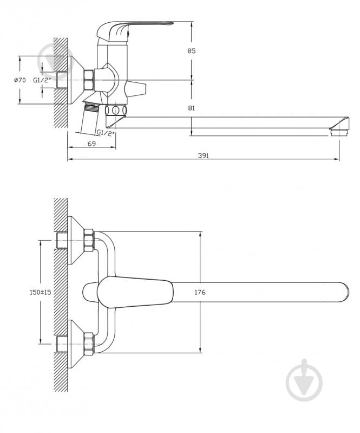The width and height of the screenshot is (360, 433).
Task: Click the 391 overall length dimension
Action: click(x=203, y=156)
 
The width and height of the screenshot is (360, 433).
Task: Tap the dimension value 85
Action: click(x=191, y=51)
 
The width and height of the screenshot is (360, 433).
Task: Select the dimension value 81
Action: click(x=191, y=108)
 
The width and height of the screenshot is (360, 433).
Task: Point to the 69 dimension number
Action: click(x=91, y=144)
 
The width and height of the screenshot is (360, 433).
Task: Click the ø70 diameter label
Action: click(x=19, y=80)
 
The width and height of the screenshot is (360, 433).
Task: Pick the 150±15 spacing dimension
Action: click(x=40, y=292)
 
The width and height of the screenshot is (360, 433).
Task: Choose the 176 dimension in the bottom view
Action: click(x=200, y=293)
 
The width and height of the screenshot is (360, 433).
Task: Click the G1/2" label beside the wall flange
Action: click(x=42, y=80)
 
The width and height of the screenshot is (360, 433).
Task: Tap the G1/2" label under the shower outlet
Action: click(x=106, y=133)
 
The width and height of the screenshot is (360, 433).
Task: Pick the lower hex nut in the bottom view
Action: click(x=88, y=344)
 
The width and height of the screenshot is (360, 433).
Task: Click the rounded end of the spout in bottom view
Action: click(x=341, y=293)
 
